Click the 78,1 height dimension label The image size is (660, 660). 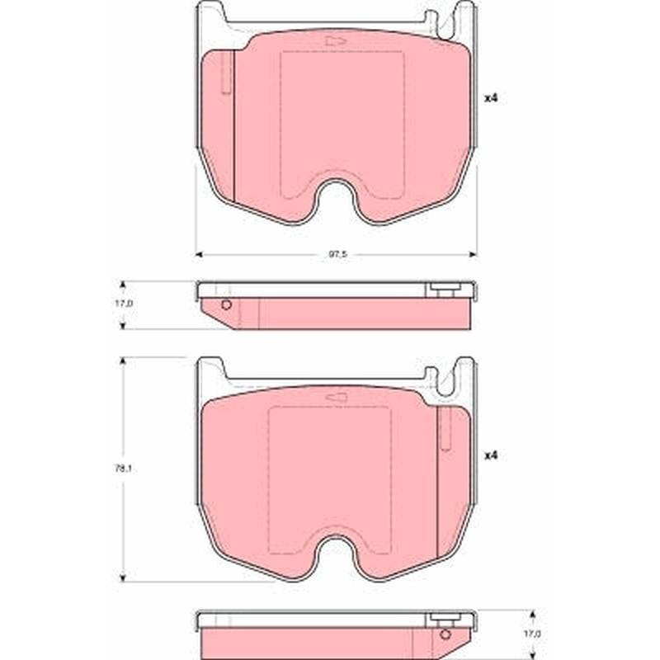tap(123, 469)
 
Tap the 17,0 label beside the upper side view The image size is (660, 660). tap(124, 303)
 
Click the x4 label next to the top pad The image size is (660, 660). tap(491, 98)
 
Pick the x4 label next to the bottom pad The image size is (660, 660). tap(491, 455)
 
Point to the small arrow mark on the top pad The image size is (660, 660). tap(336, 40)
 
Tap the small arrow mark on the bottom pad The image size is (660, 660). tap(336, 398)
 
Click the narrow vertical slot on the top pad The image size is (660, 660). tap(226, 72)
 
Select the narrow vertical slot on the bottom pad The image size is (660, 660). tap(445, 429)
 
